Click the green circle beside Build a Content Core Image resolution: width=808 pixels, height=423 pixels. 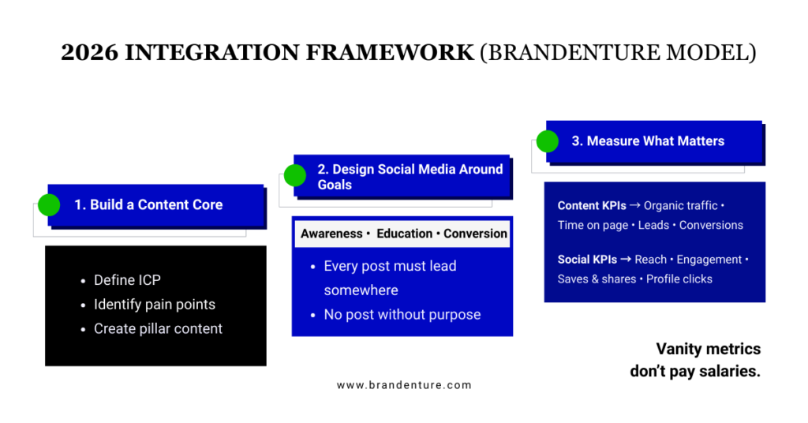pyautogui.click(x=49, y=205)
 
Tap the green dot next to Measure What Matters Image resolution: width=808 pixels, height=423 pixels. pyautogui.click(x=547, y=141)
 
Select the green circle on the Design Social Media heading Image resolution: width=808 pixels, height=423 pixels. pyautogui.click(x=295, y=176)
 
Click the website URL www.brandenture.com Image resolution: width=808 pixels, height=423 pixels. pyautogui.click(x=404, y=385)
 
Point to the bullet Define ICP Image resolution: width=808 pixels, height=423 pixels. pyautogui.click(x=127, y=280)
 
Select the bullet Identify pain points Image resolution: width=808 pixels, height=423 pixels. pyautogui.click(x=154, y=305)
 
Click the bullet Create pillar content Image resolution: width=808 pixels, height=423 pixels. pyautogui.click(x=158, y=329)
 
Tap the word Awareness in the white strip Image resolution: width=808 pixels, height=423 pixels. pyautogui.click(x=331, y=234)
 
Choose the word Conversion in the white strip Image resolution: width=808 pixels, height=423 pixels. pyautogui.click(x=475, y=234)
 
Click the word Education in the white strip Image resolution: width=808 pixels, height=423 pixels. pyautogui.click(x=404, y=234)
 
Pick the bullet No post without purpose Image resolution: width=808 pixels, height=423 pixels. pyautogui.click(x=402, y=314)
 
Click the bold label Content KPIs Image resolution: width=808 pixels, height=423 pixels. pyautogui.click(x=592, y=206)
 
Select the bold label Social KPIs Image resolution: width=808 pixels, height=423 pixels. pyautogui.click(x=587, y=260)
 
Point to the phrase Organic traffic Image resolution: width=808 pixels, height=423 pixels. pyautogui.click(x=680, y=206)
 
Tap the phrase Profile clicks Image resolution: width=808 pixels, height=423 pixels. pyautogui.click(x=679, y=279)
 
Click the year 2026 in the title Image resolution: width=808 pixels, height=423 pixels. pyautogui.click(x=88, y=53)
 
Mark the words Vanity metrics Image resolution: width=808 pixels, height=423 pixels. pyautogui.click(x=708, y=349)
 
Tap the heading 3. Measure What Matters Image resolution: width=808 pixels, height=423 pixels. pyautogui.click(x=648, y=141)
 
